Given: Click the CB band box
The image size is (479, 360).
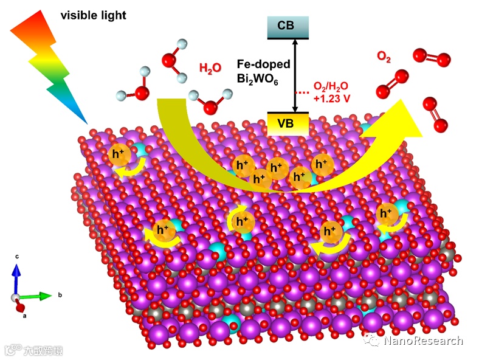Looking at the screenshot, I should point(288,27).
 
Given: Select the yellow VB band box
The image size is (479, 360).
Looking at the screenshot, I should point(289,123).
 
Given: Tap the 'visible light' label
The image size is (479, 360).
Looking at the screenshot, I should point(93,15).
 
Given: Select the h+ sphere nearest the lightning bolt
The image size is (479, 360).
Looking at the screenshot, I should point(119,155).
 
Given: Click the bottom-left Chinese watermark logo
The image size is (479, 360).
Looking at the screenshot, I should point(33,350).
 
